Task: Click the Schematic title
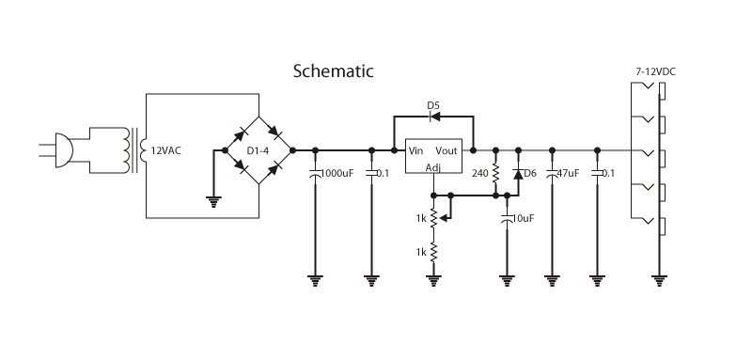pyautogui.click(x=333, y=70)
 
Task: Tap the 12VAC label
pyautogui.click(x=166, y=150)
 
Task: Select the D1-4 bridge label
pyautogui.click(x=258, y=150)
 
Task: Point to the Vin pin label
pyautogui.click(x=415, y=150)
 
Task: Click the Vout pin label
pyautogui.click(x=446, y=150)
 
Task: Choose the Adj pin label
pyautogui.click(x=433, y=167)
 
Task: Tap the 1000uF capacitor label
pyautogui.click(x=337, y=173)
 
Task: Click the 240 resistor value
pyautogui.click(x=479, y=173)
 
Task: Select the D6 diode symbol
pyautogui.click(x=518, y=174)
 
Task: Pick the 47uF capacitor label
pyautogui.click(x=568, y=173)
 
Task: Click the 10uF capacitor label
pyautogui.click(x=523, y=218)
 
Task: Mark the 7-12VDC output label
pyautogui.click(x=655, y=71)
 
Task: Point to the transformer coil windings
pyautogui.click(x=127, y=150)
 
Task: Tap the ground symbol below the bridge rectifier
pyautogui.click(x=213, y=201)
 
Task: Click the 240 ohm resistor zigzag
pyautogui.click(x=495, y=173)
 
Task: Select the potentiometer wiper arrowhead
pyautogui.click(x=443, y=218)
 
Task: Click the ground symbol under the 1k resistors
pyautogui.click(x=433, y=281)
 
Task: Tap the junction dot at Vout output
pyautogui.click(x=473, y=150)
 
